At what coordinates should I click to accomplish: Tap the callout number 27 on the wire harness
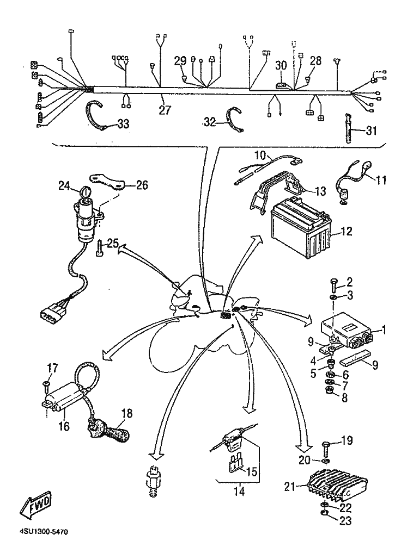coord(165,110)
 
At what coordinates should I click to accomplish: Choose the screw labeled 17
coord(45,386)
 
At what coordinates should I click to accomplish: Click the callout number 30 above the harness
coord(281,65)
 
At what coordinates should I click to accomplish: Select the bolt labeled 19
coord(326,447)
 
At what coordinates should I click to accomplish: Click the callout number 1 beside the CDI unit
coord(384,329)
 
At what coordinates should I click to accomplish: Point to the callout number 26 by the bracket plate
coord(141,185)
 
